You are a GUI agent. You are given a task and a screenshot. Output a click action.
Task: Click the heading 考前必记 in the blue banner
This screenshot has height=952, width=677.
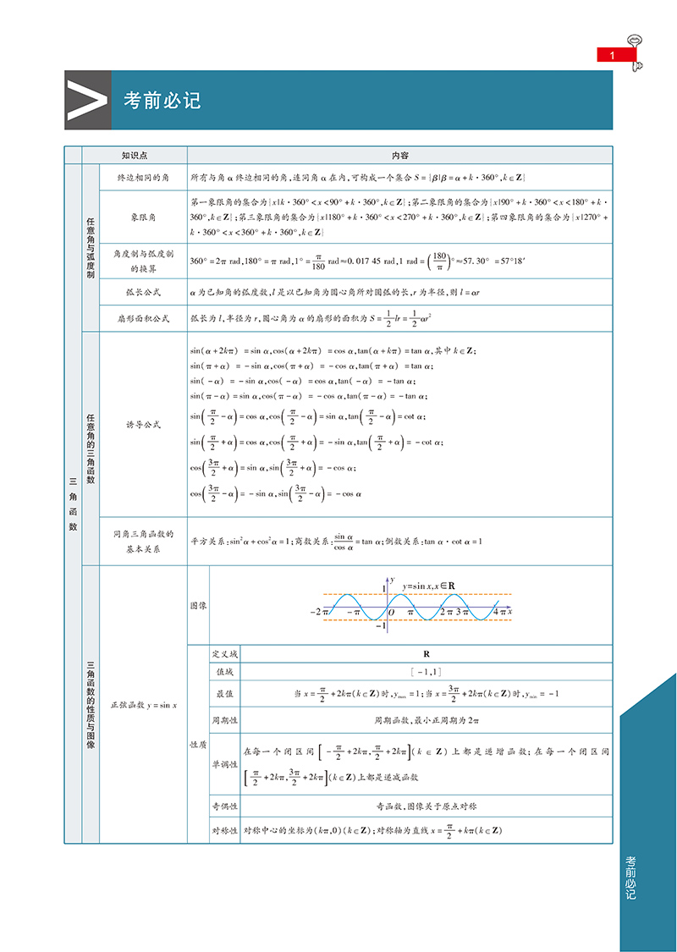(162, 100)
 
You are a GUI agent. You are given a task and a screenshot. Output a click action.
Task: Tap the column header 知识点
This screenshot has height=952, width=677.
(135, 156)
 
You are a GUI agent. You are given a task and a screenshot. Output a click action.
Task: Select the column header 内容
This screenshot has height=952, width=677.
(399, 156)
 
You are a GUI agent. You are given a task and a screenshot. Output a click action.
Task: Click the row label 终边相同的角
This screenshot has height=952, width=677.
(142, 178)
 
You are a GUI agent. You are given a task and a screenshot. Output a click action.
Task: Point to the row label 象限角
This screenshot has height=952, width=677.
(142, 217)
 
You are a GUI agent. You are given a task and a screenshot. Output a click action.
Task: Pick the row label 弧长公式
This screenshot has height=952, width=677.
(142, 292)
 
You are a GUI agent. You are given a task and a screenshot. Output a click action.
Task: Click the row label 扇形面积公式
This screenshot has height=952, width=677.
(142, 319)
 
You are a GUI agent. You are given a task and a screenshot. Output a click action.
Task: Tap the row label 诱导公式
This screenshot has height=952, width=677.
(142, 425)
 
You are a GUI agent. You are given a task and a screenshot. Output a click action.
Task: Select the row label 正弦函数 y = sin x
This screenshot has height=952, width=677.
(142, 705)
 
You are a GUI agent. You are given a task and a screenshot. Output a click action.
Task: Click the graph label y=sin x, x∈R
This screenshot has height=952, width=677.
(429, 586)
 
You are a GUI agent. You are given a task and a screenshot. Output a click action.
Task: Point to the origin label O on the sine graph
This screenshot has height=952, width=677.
(391, 612)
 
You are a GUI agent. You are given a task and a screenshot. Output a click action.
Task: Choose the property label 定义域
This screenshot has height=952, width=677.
(224, 654)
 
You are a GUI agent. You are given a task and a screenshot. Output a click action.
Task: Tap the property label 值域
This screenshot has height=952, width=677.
(224, 672)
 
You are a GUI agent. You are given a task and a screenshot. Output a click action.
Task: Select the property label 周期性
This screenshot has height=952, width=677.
(224, 721)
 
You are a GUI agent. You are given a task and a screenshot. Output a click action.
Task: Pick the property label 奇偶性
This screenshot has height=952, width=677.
(224, 806)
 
